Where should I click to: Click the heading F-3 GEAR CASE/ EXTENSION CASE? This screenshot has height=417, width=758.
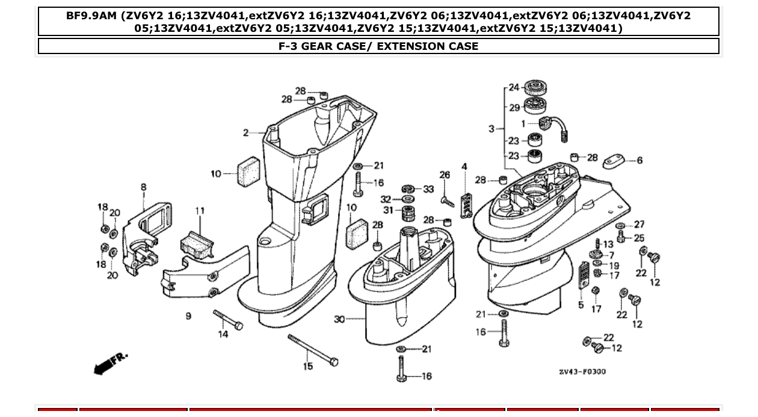click(378, 46)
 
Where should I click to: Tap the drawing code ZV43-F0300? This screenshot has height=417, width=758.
click(582, 371)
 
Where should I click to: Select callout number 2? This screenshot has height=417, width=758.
click(245, 133)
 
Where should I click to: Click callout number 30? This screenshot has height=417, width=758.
click(339, 319)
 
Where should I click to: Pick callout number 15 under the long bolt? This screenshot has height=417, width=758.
click(308, 366)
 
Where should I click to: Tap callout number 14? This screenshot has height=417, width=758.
click(223, 334)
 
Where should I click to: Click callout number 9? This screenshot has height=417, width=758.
click(188, 316)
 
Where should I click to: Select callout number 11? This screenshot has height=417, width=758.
click(200, 211)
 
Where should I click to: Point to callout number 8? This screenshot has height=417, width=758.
click(143, 187)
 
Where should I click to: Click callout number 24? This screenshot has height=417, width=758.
click(514, 88)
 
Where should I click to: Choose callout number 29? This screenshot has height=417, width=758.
click(514, 108)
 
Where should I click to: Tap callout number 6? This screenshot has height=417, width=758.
click(639, 160)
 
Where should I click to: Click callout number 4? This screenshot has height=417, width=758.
click(464, 166)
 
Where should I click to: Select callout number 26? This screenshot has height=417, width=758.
click(445, 175)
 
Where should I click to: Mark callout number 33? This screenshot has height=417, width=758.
click(428, 189)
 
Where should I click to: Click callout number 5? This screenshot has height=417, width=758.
click(581, 305)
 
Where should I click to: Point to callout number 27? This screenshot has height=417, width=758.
click(639, 225)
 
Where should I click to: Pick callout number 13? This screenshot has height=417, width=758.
click(608, 244)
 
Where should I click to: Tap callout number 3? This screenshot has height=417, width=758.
click(491, 129)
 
